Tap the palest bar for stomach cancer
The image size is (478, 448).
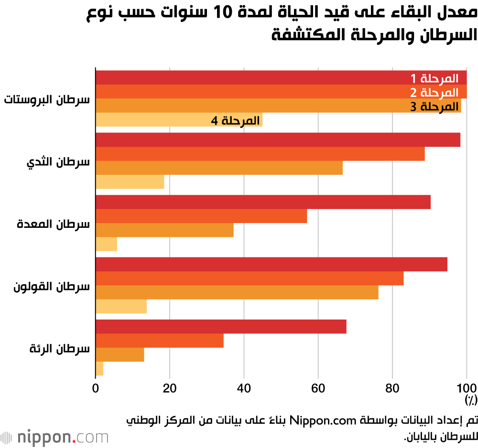click(x=107, y=244)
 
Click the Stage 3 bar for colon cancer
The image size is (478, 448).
click(x=237, y=292)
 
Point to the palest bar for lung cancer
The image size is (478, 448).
click(x=99, y=369)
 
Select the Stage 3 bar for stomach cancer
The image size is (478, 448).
click(x=164, y=230)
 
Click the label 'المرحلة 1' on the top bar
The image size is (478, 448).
click(x=434, y=78)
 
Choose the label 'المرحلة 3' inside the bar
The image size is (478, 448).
click(x=434, y=106)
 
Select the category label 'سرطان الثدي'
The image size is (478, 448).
click(x=58, y=161)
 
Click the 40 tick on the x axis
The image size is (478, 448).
click(x=244, y=387)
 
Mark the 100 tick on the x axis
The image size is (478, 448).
click(x=467, y=387)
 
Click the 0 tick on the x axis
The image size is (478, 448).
click(x=96, y=387)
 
